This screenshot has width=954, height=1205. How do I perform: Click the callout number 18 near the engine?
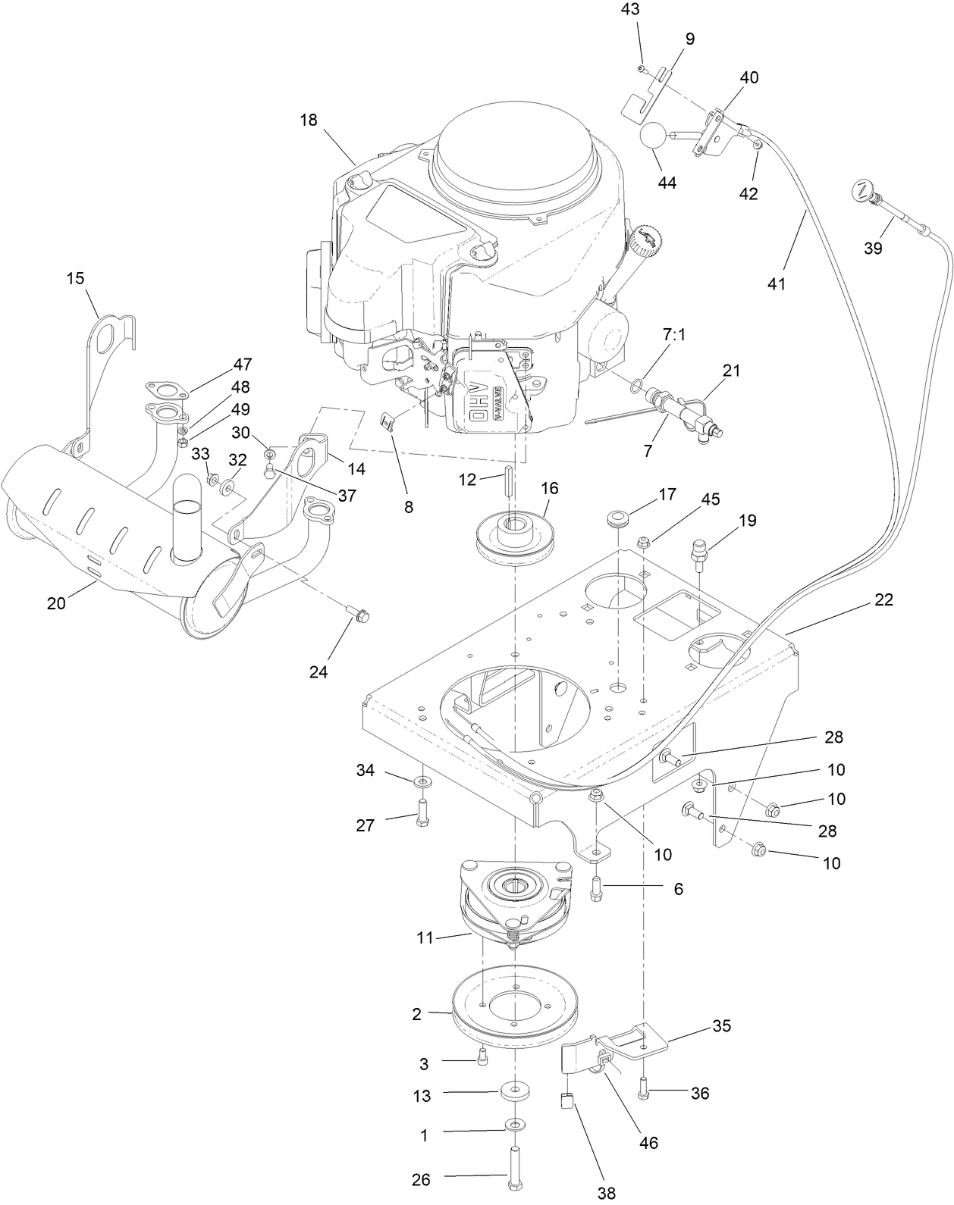point(308,120)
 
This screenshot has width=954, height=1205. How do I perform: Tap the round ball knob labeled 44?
point(653,136)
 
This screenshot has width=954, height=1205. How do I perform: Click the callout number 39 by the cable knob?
point(873,248)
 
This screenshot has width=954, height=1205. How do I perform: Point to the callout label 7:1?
point(673,334)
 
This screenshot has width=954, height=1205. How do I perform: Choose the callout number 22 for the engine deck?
point(883,599)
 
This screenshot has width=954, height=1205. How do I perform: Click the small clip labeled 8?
point(391,421)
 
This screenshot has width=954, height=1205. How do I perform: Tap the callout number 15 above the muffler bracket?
point(75,278)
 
